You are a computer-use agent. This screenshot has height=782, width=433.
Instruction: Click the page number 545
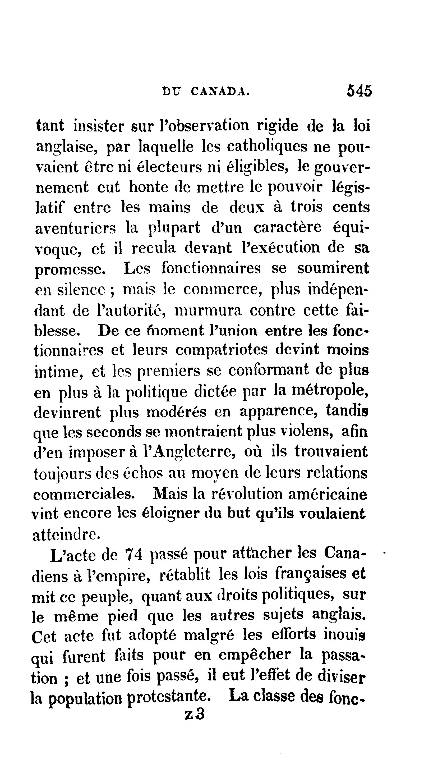[x=359, y=91]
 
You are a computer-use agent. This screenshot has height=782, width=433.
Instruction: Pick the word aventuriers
[x=76, y=228]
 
